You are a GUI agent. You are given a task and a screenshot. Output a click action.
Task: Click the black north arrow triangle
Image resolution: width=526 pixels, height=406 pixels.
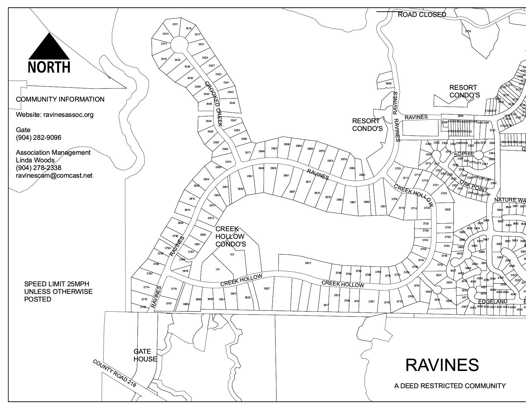(x=49, y=48)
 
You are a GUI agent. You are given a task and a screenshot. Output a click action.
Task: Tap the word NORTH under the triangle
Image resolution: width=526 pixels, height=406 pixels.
(x=49, y=67)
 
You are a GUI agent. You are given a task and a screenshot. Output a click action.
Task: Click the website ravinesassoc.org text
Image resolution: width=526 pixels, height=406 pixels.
(x=55, y=115)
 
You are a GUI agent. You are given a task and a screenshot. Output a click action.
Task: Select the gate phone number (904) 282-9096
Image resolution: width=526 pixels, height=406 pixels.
(x=39, y=138)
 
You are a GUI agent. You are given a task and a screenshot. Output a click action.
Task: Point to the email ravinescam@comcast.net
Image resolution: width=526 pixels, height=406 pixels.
(x=54, y=175)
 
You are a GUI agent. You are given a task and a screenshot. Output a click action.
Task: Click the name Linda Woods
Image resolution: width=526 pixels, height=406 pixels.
(x=35, y=160)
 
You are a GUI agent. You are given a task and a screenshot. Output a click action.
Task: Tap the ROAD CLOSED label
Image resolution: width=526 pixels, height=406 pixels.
(x=422, y=15)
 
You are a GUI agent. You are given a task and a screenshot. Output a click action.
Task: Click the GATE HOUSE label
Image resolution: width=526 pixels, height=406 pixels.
(x=145, y=355)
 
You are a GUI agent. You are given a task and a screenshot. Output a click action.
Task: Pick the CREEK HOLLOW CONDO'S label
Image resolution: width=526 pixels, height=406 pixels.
(x=230, y=237)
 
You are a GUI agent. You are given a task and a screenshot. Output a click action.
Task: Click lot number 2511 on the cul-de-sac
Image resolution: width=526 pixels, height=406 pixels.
(x=175, y=24)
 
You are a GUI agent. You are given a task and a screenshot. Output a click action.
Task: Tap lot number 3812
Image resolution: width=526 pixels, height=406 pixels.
(x=308, y=263)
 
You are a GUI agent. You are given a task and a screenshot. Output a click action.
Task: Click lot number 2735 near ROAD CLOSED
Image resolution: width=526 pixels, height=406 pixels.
(x=468, y=31)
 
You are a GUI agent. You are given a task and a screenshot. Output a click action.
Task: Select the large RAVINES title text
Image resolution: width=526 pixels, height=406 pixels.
(x=442, y=365)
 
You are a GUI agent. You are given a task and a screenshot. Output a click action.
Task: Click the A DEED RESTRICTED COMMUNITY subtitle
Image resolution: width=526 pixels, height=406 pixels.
(x=450, y=386)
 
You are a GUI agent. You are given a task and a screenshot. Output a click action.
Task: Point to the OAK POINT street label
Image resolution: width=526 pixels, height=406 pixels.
(x=474, y=187)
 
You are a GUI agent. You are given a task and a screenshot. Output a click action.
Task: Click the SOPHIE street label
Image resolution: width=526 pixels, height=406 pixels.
(x=464, y=154)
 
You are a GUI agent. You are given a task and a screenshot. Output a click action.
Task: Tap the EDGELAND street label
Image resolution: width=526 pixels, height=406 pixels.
(x=493, y=302)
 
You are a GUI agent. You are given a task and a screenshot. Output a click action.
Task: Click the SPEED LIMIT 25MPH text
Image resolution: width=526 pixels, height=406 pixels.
(x=57, y=284)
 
